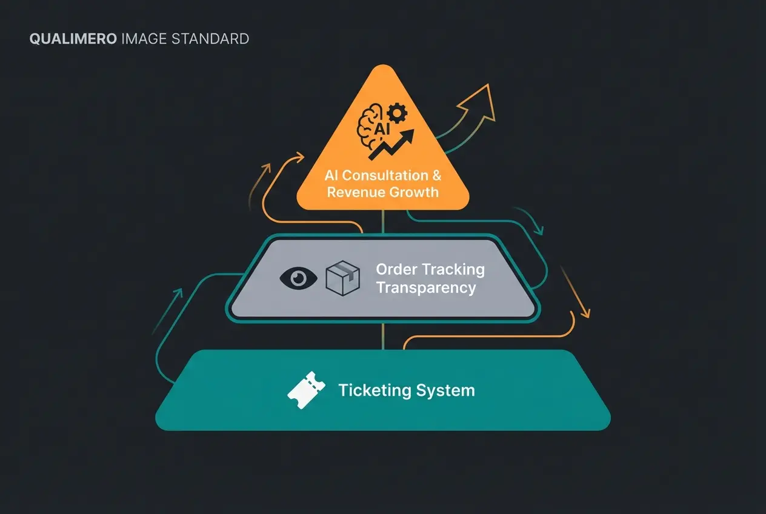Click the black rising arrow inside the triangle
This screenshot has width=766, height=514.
(393, 144)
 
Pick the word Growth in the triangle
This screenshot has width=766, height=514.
(415, 193)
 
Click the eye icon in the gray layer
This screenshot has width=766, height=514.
(298, 278)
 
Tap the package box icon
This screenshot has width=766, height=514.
(343, 278)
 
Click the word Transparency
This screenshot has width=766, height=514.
(426, 287)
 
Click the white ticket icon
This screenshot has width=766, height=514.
(302, 390)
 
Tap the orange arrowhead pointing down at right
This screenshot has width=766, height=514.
(584, 312)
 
